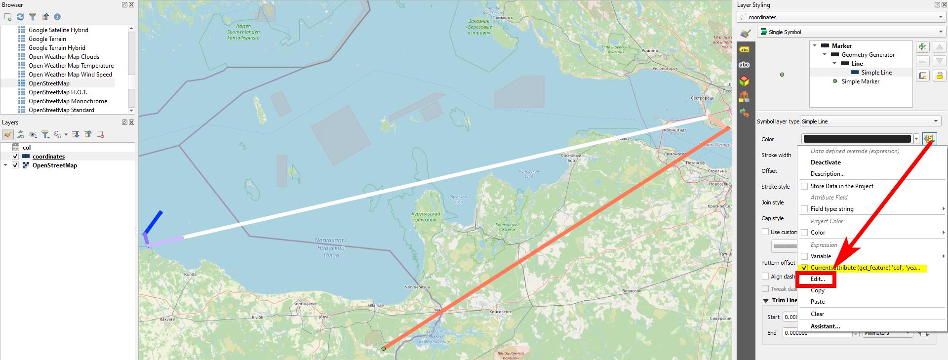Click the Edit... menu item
click(x=818, y=279)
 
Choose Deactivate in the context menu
click(x=826, y=162)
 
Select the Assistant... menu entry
click(x=825, y=326)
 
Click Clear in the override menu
click(x=817, y=314)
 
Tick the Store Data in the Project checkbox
click(x=804, y=186)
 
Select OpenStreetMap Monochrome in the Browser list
click(x=68, y=101)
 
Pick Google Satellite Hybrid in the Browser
click(x=58, y=30)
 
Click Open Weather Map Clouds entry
click(x=64, y=57)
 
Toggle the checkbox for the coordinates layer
click(x=15, y=157)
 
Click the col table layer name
click(x=27, y=148)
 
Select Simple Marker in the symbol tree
click(x=860, y=81)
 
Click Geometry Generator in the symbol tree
click(x=868, y=55)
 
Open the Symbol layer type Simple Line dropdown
click(x=870, y=121)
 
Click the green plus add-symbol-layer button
click(x=922, y=47)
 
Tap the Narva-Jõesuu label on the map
click(x=417, y=287)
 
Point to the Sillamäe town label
click(x=375, y=305)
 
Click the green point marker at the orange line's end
click(x=384, y=349)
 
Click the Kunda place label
click(x=190, y=274)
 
